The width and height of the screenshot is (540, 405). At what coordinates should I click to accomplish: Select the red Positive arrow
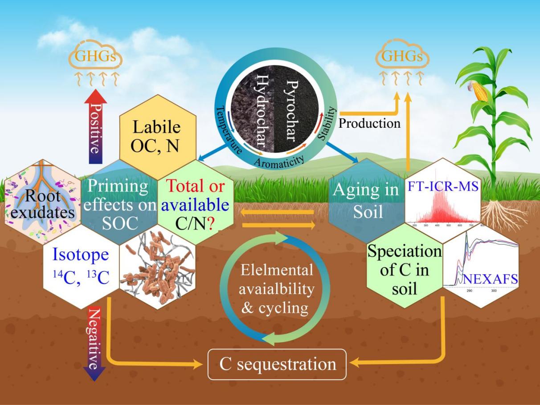[95, 127]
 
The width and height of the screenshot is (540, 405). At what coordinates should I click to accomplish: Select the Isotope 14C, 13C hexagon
[80, 267]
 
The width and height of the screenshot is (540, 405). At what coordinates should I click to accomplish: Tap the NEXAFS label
[489, 279]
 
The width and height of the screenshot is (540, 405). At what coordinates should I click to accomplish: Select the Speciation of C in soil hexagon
[404, 270]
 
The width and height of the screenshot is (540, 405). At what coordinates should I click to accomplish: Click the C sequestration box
[277, 364]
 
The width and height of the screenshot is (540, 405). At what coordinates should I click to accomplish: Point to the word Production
[369, 123]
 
